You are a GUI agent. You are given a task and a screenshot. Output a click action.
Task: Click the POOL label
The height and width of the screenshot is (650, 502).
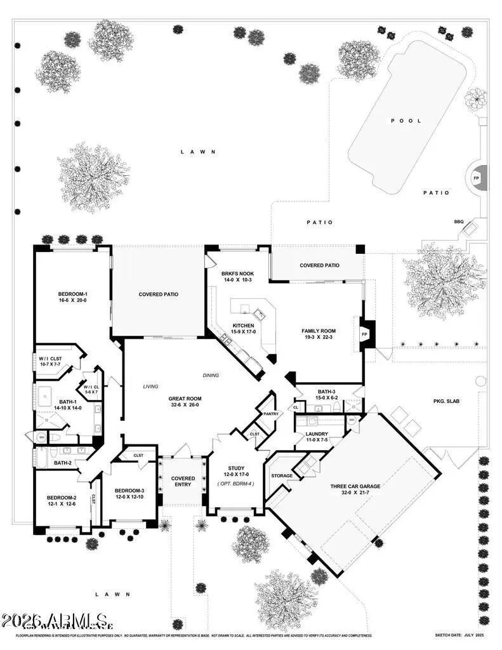pyautogui.click(x=406, y=121)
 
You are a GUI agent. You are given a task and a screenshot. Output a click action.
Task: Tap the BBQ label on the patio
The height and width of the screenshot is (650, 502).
pyautogui.click(x=458, y=222)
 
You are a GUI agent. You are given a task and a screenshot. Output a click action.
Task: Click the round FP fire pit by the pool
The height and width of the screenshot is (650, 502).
pyautogui.click(x=477, y=178)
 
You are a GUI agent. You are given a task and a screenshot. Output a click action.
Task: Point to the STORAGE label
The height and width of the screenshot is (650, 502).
pyautogui.click(x=282, y=475)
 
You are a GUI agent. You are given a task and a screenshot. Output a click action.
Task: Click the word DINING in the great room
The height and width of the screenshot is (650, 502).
pyautogui.click(x=211, y=375)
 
